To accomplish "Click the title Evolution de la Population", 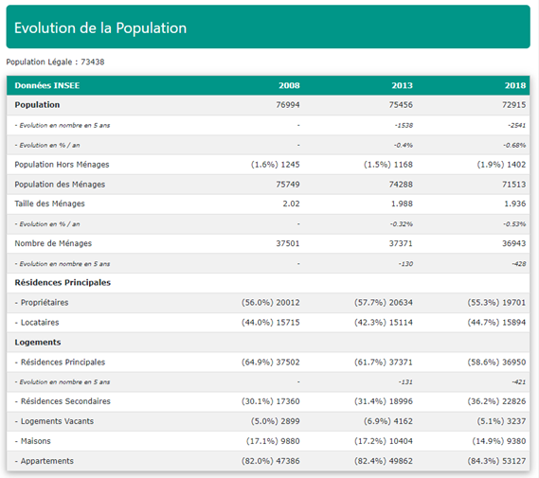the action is tap(100, 27).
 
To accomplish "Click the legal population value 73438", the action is tap(93, 62).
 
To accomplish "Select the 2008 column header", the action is tap(289, 85).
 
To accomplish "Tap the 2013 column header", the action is tap(403, 85).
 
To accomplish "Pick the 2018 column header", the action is tap(515, 85).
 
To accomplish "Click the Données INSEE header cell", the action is tap(47, 85).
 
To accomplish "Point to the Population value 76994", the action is tap(288, 105).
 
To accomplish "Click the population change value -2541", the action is tap(517, 125).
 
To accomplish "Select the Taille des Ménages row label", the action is tap(49, 204).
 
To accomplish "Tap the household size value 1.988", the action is tap(402, 204).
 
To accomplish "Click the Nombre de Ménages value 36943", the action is tap(514, 243).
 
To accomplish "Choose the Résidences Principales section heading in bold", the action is tap(63, 283).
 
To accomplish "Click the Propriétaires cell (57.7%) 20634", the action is tap(384, 303).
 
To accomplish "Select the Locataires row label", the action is tap(37, 323).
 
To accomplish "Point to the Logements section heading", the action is tap(38, 343).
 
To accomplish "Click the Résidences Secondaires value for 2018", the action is tap(496, 401).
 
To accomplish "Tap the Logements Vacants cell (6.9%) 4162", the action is tap(388, 421).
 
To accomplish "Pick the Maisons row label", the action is tap(32, 441).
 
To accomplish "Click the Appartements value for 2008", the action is tap(271, 461).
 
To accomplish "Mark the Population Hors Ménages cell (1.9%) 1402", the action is tap(501, 165).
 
